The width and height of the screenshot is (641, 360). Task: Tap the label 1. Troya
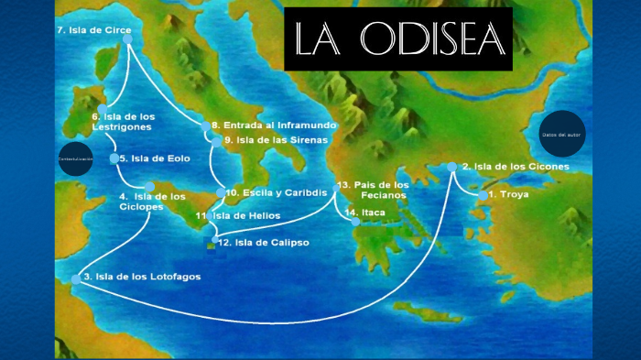(509, 195)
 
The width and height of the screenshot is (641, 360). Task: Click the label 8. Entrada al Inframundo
(274, 125)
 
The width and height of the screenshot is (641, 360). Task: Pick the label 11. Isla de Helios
(243, 215)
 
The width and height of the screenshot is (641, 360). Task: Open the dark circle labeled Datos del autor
(561, 134)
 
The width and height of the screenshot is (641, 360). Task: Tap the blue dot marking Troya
(483, 195)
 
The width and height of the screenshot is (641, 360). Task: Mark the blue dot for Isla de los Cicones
(451, 167)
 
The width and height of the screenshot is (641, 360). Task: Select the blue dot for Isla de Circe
(127, 38)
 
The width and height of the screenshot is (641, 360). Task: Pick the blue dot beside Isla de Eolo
(114, 158)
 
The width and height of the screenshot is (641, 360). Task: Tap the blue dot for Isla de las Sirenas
(216, 140)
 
